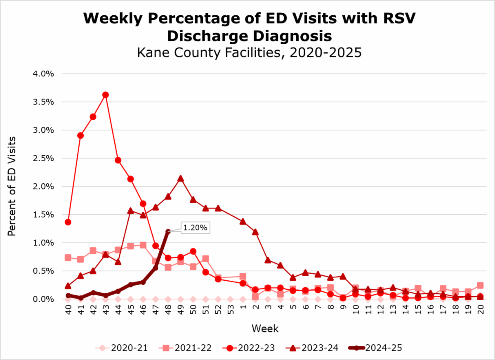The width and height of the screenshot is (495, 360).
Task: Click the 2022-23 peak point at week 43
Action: [105, 95]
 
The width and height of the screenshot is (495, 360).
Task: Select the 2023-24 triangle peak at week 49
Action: [180, 178]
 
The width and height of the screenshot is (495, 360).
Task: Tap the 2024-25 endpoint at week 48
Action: [168, 232]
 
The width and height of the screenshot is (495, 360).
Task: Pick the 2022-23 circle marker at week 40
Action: [68, 222]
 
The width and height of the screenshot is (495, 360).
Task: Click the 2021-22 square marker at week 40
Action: [68, 258]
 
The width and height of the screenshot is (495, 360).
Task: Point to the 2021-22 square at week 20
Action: [481, 285]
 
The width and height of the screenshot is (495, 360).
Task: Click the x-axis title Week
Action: [265, 329]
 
